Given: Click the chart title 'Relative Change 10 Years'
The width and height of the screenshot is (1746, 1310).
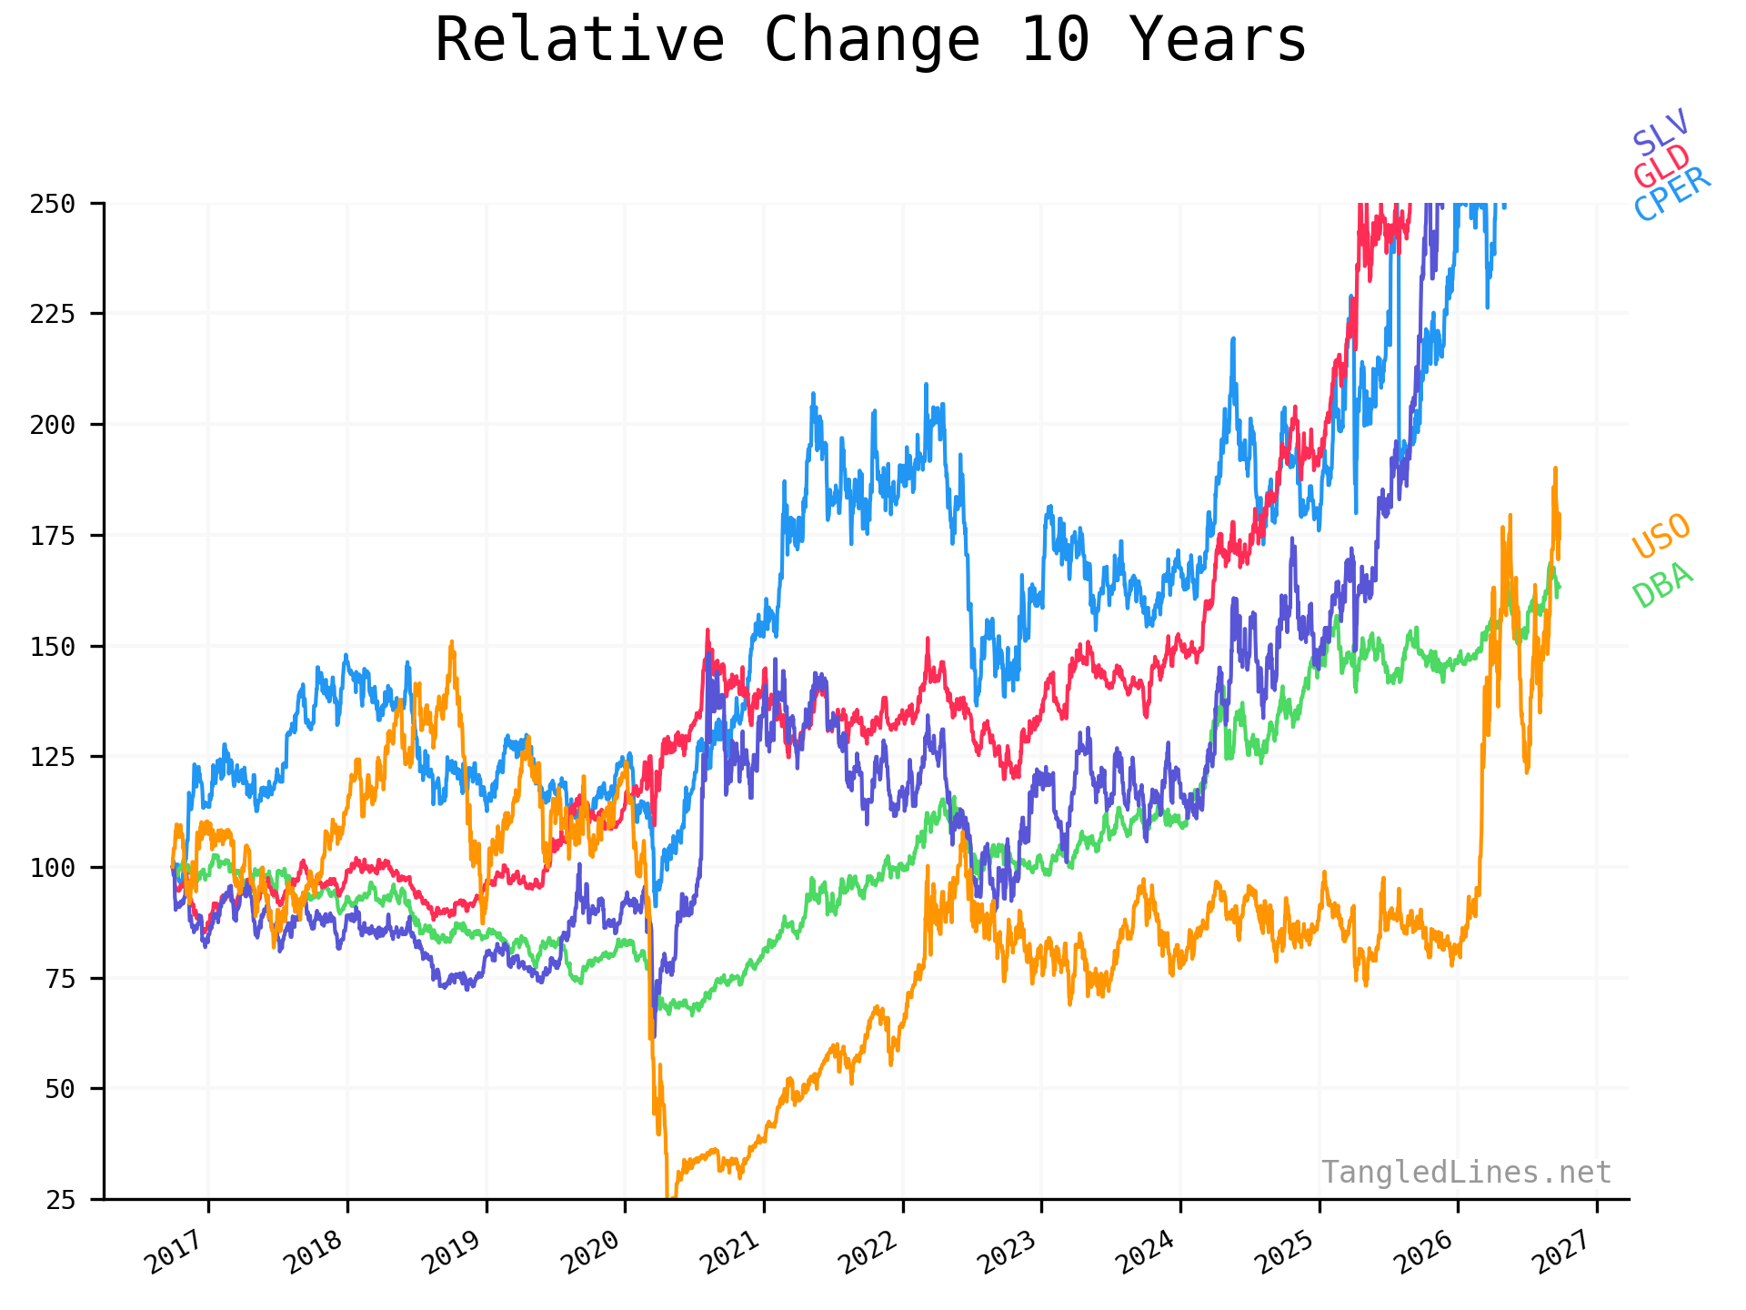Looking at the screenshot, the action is click(x=870, y=40).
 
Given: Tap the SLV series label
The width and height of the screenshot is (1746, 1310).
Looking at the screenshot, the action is click(x=1661, y=132).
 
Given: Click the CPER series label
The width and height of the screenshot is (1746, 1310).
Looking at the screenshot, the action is click(x=1672, y=195).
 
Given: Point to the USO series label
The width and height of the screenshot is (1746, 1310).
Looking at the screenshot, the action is click(x=1661, y=537).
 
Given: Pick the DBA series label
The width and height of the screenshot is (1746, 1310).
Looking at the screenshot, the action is click(x=1663, y=585).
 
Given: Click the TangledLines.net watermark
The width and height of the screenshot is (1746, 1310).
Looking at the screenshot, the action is click(x=1466, y=1173).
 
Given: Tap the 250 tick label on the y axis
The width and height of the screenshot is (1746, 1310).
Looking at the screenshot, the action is click(x=53, y=204).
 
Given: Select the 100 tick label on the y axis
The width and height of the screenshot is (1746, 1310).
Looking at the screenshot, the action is click(x=53, y=867).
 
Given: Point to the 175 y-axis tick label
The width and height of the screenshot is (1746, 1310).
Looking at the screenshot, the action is click(x=53, y=536).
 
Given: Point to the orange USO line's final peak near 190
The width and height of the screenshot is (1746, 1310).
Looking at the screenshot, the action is click(x=1555, y=469).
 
